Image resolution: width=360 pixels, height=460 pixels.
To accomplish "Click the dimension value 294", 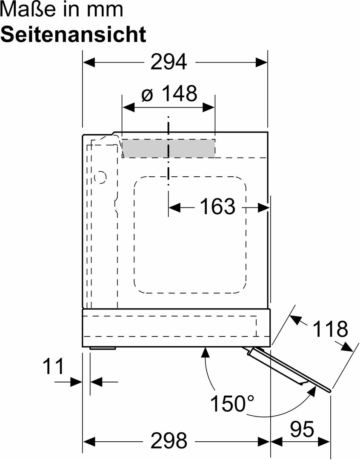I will pyautogui.click(x=169, y=63).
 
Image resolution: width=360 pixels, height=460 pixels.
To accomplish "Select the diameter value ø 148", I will pyautogui.click(x=169, y=94).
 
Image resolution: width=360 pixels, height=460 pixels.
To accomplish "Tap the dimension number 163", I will pyautogui.click(x=217, y=207).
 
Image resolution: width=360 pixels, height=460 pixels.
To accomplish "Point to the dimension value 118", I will pyautogui.click(x=330, y=329).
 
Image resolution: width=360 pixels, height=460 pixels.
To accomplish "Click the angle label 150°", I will pyautogui.click(x=234, y=403).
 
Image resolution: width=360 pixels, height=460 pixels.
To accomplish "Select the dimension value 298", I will pyautogui.click(x=169, y=441).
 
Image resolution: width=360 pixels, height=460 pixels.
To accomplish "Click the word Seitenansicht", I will pyautogui.click(x=73, y=34).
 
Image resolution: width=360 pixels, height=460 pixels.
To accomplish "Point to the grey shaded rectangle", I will pyautogui.click(x=169, y=148).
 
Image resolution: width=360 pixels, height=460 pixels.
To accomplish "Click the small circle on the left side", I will pyautogui.click(x=100, y=177).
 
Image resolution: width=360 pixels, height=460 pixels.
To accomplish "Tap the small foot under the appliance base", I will pyautogui.click(x=103, y=348).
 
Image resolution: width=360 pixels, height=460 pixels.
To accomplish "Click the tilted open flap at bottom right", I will pyautogui.click(x=289, y=368).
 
